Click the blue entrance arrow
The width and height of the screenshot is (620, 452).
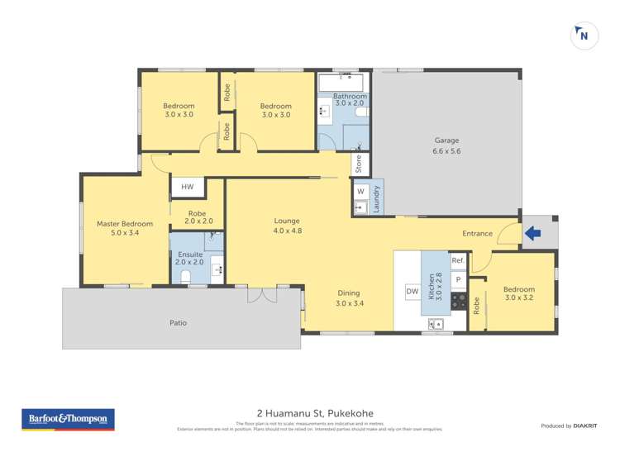click(532, 235)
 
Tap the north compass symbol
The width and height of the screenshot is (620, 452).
click(584, 36)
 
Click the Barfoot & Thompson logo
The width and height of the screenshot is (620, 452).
click(67, 419)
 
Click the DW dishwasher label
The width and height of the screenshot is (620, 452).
click(412, 291)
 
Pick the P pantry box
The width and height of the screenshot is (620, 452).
click(457, 280)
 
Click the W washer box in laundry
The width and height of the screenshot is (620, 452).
click(360, 191)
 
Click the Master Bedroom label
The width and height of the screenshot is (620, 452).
click(125, 228)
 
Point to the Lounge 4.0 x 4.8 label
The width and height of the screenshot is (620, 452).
click(287, 226)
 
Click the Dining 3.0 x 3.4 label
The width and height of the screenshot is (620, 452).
click(349, 297)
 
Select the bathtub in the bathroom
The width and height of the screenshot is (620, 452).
click(341, 83)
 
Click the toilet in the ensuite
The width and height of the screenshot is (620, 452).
click(186, 276)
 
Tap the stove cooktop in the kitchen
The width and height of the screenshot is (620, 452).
click(458, 299)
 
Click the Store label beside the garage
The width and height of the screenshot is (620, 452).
click(358, 164)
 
